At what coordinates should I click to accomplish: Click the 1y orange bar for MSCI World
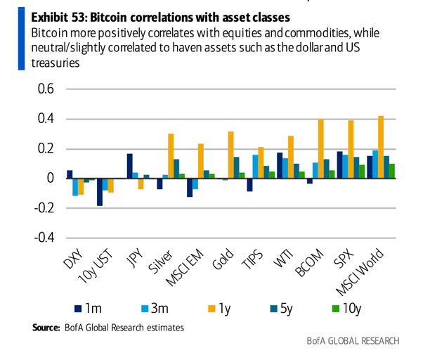point(382,147)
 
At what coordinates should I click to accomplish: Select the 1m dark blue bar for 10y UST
point(99,192)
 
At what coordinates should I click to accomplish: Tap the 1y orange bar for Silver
point(171,155)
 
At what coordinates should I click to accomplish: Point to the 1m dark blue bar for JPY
point(130,166)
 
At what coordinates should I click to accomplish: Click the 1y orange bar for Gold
point(231,155)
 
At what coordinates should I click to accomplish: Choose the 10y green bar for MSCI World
point(393,171)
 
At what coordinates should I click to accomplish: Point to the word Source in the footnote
point(46,327)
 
